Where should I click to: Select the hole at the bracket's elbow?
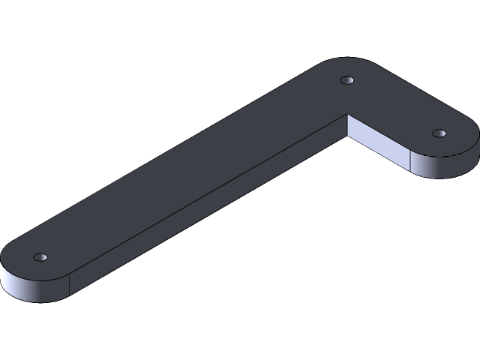click(x=346, y=79)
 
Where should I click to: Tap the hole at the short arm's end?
click(x=439, y=133)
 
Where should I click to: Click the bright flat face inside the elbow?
click(x=379, y=142)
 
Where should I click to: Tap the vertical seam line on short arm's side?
click(x=410, y=162)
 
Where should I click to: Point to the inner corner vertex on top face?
click(x=348, y=114)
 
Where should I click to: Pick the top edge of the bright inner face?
click(x=379, y=132)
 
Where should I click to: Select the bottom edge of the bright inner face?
click(x=379, y=154)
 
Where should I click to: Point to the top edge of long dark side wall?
click(x=210, y=191)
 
